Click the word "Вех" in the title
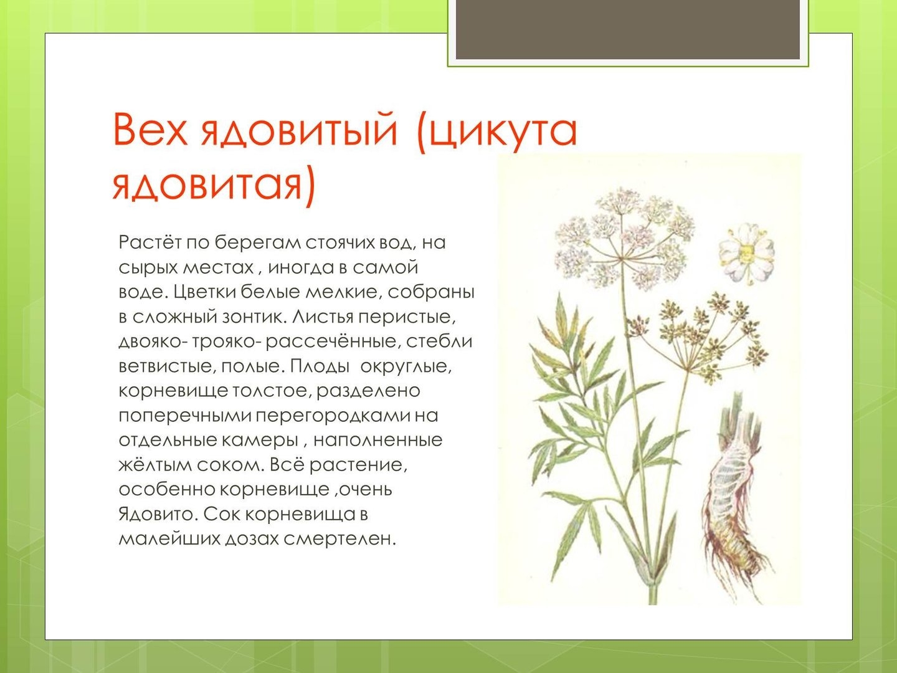[150, 130]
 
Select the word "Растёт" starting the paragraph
[150, 242]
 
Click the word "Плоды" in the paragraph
[320, 366]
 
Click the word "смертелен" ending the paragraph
[339, 540]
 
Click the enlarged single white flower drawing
[746, 253]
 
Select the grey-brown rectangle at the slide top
[628, 29]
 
